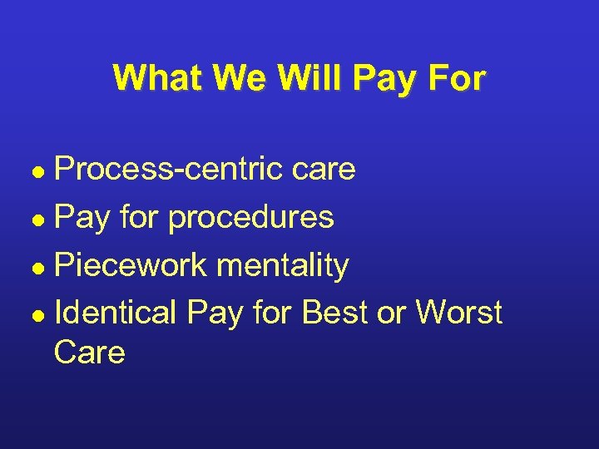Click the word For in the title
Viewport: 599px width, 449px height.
coord(456,78)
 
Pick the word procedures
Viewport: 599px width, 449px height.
coord(250,218)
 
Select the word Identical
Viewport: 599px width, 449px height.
coord(115,313)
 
